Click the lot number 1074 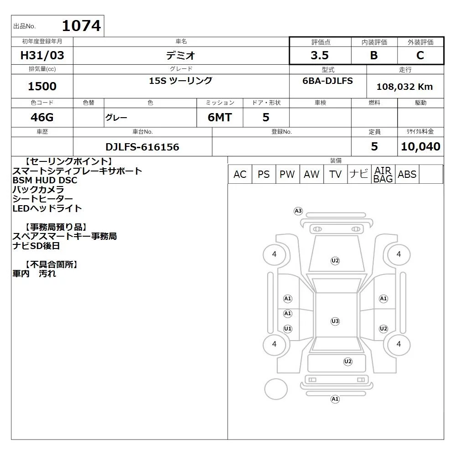(x=82, y=26)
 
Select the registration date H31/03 (x=42, y=55)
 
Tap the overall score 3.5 (x=320, y=55)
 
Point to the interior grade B (x=374, y=55)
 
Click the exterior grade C (x=420, y=55)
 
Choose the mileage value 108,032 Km (x=405, y=86)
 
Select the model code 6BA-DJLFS (x=328, y=81)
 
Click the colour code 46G (x=42, y=117)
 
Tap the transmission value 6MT (x=220, y=117)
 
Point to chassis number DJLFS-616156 (x=142, y=147)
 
